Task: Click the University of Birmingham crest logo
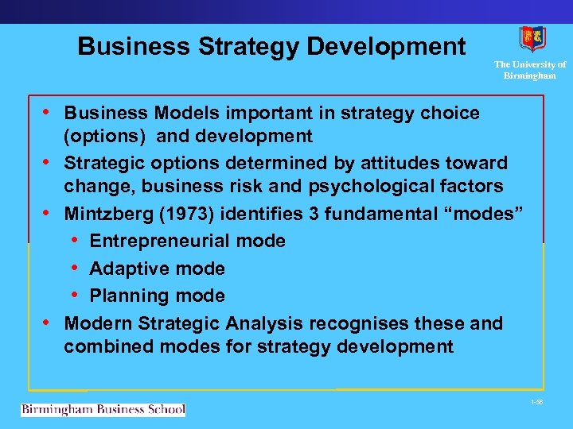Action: point(532,39)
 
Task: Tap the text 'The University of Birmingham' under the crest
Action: point(530,70)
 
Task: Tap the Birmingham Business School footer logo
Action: point(103,409)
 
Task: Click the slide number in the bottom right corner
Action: point(538,403)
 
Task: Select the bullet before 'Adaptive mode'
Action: point(74,268)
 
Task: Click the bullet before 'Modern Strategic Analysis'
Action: point(47,323)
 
